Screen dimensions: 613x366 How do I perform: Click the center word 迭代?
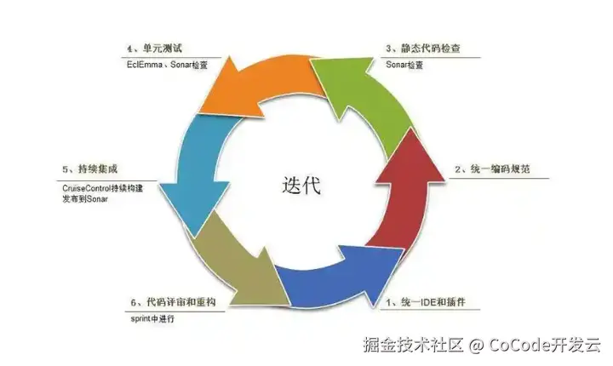coord(301,185)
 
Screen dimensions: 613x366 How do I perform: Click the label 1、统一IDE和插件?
coord(429,301)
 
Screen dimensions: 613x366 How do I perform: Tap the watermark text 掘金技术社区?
coord(413,345)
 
